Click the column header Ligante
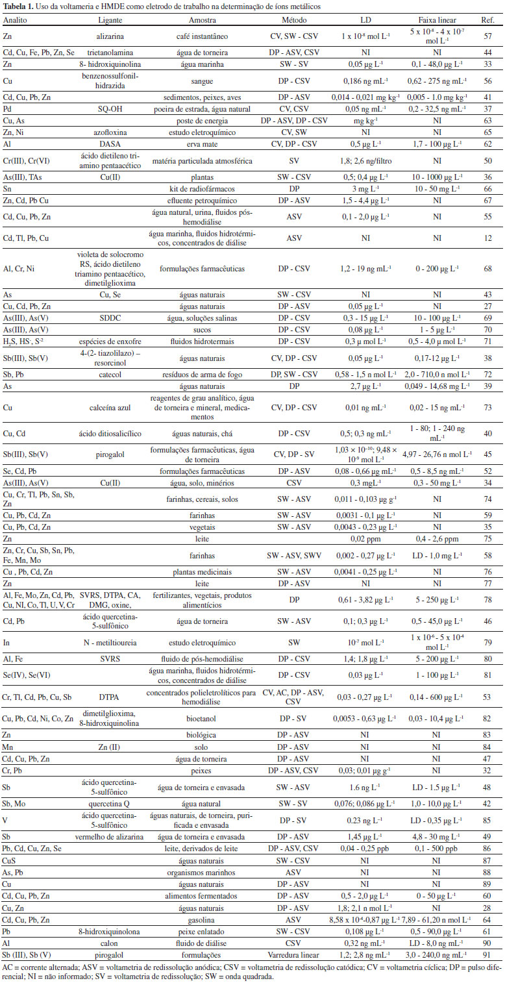105,21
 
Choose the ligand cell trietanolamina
105,52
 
